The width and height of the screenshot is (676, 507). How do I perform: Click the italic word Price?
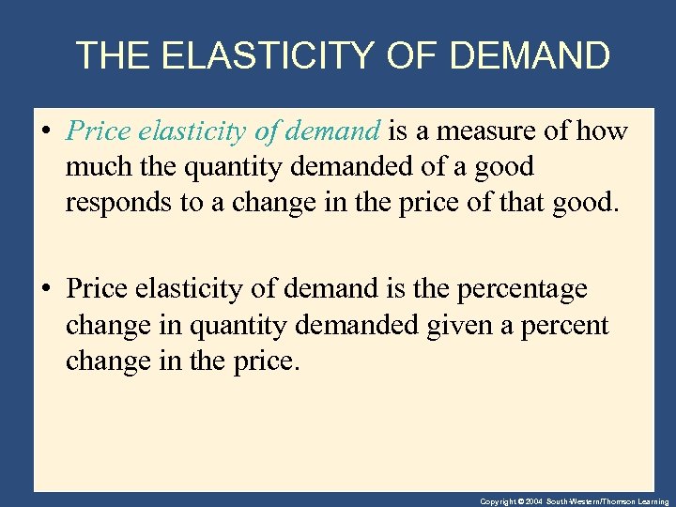pos(98,131)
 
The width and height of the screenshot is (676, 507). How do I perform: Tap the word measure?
pos(491,131)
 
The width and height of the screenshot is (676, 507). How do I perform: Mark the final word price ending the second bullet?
pos(266,361)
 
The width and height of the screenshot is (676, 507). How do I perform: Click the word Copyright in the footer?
pos(498,501)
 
